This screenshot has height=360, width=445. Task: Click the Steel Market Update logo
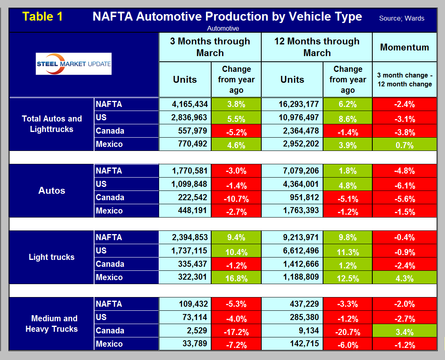[x=73, y=64]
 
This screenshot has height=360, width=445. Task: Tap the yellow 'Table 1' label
[x=43, y=17]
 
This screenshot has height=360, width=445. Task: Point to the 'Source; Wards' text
[x=401, y=18]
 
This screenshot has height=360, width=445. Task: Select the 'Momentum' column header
[x=404, y=47]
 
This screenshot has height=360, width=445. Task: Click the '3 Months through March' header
[x=210, y=47]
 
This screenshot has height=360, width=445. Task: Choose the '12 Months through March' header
[x=317, y=47]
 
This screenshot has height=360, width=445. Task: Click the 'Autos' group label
[x=52, y=190]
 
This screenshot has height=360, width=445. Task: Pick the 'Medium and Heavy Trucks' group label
[x=52, y=324]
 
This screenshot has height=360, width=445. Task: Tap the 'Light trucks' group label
[x=52, y=257]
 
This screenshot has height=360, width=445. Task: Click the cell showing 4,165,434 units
[x=185, y=104]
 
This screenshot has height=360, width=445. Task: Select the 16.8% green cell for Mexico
[x=236, y=278]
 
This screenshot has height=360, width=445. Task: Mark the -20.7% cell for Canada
[x=347, y=331]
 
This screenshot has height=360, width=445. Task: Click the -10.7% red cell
[x=236, y=198]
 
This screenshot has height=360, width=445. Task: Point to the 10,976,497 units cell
[x=292, y=117]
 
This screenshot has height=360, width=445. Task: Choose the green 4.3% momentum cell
[x=404, y=278]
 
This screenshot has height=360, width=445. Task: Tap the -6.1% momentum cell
[x=404, y=184]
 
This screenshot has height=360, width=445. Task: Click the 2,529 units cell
[x=185, y=331]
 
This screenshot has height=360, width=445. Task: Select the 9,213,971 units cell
[x=292, y=237]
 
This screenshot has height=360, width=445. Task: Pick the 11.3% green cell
[x=347, y=251]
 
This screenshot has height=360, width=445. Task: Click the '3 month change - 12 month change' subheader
[x=404, y=80]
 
